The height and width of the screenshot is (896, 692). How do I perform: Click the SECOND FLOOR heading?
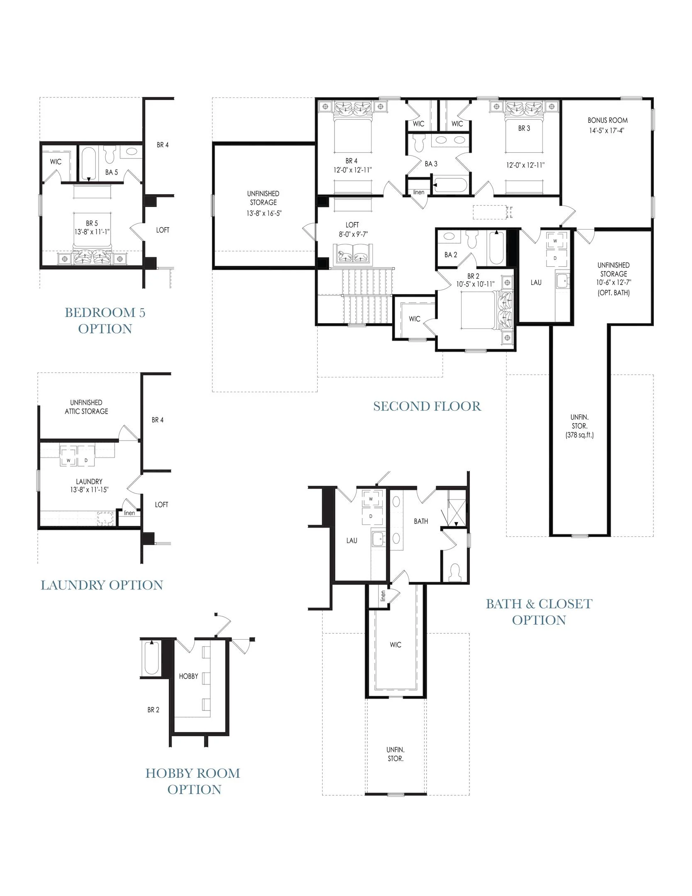(x=427, y=406)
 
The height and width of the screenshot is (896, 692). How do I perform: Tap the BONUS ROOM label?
(x=607, y=120)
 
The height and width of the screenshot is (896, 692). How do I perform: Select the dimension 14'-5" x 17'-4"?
(x=607, y=130)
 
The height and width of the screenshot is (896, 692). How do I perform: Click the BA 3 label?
(x=431, y=164)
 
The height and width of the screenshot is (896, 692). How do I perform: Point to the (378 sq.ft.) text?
(x=580, y=435)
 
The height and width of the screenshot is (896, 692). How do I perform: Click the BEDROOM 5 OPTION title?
(x=105, y=320)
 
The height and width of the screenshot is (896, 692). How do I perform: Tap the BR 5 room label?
(x=92, y=223)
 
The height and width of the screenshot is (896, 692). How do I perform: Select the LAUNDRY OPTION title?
(x=102, y=585)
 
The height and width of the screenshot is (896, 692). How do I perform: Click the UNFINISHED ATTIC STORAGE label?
(x=86, y=407)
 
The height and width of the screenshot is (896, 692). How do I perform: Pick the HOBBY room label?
(x=189, y=676)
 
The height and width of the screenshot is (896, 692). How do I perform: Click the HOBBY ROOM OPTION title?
(x=193, y=781)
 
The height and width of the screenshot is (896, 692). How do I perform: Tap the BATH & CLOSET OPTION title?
(x=539, y=612)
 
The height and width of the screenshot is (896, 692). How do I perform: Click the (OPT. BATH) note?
(x=614, y=293)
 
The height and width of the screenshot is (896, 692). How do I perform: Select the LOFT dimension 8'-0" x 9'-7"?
(x=353, y=234)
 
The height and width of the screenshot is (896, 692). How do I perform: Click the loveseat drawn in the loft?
(x=352, y=253)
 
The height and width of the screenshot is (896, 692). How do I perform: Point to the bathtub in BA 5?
(x=88, y=164)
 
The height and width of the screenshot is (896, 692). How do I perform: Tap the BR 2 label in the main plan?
(x=473, y=276)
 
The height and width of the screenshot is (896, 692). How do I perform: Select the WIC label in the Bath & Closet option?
(x=396, y=645)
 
